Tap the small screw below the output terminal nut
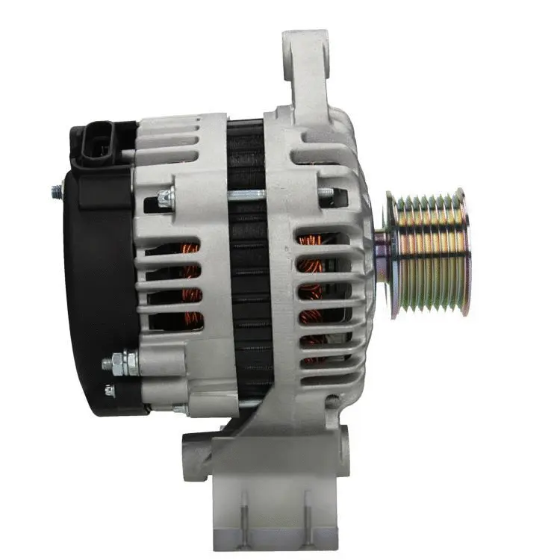[110, 390]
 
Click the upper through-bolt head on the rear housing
[165, 199]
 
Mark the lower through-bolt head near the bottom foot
[179, 408]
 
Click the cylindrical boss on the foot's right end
[343, 448]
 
